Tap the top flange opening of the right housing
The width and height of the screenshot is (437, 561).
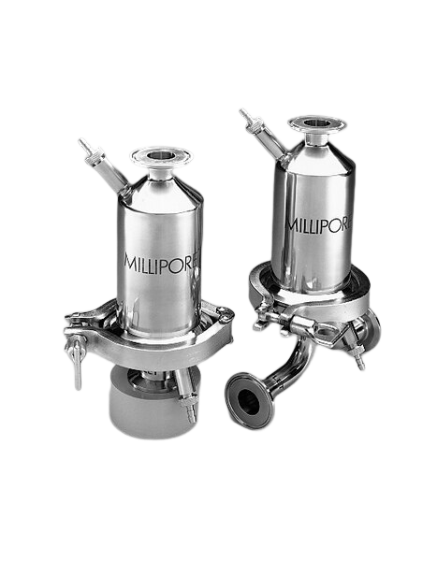(x=316, y=122)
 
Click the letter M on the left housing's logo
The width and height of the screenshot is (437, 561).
(x=132, y=261)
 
